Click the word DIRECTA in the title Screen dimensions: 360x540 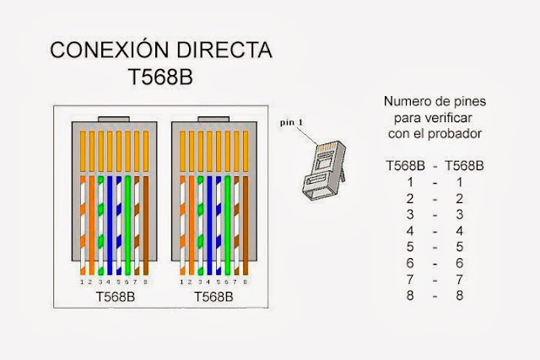(x=224, y=51)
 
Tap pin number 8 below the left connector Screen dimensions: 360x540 (x=146, y=281)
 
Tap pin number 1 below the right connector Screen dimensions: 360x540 (x=181, y=281)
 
